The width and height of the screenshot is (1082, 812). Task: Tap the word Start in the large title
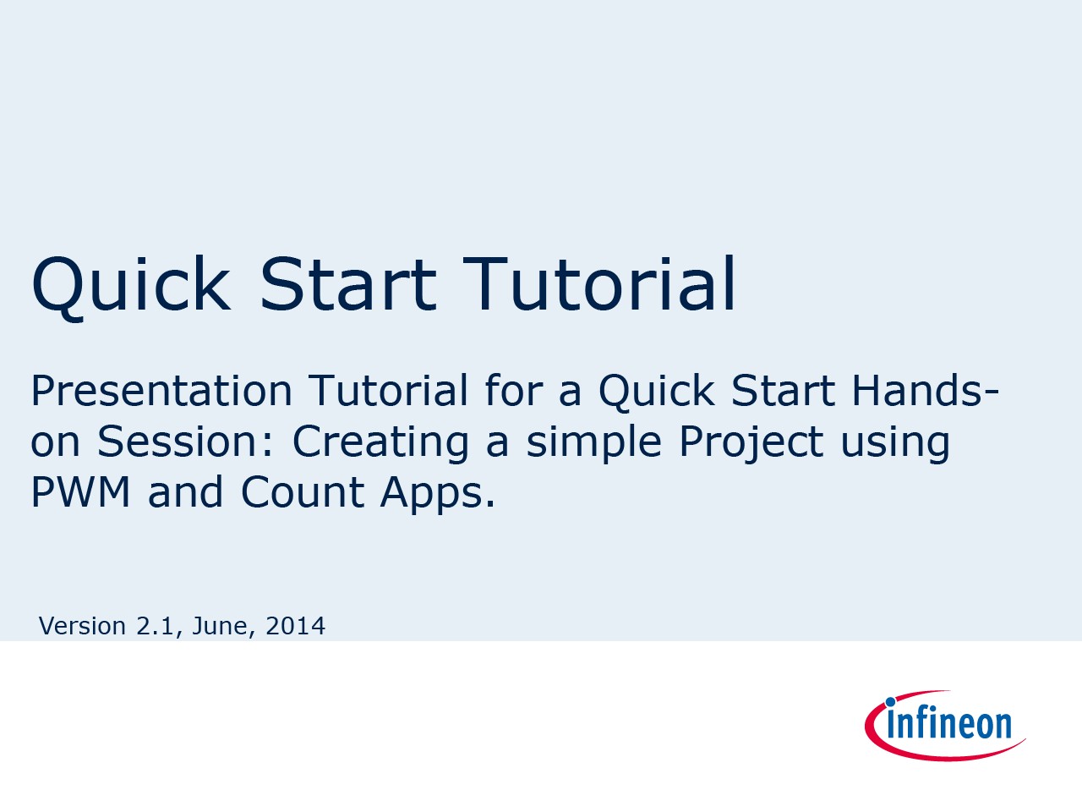point(348,284)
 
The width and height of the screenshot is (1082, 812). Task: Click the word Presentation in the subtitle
point(161,392)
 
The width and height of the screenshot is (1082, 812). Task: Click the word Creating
point(380,443)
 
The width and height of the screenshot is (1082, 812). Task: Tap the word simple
point(593,443)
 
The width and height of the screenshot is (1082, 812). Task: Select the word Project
point(751,443)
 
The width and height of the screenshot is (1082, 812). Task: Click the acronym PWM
point(81,491)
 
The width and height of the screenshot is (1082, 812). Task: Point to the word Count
point(303,491)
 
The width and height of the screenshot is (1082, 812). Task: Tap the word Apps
point(437,494)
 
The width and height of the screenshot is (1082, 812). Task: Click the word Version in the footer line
point(82,626)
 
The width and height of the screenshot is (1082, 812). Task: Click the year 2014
point(295,626)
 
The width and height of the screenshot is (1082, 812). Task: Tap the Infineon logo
point(944,725)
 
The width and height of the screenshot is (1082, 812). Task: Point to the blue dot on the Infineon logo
point(890,702)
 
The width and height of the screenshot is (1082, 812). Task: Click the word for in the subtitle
point(514,390)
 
